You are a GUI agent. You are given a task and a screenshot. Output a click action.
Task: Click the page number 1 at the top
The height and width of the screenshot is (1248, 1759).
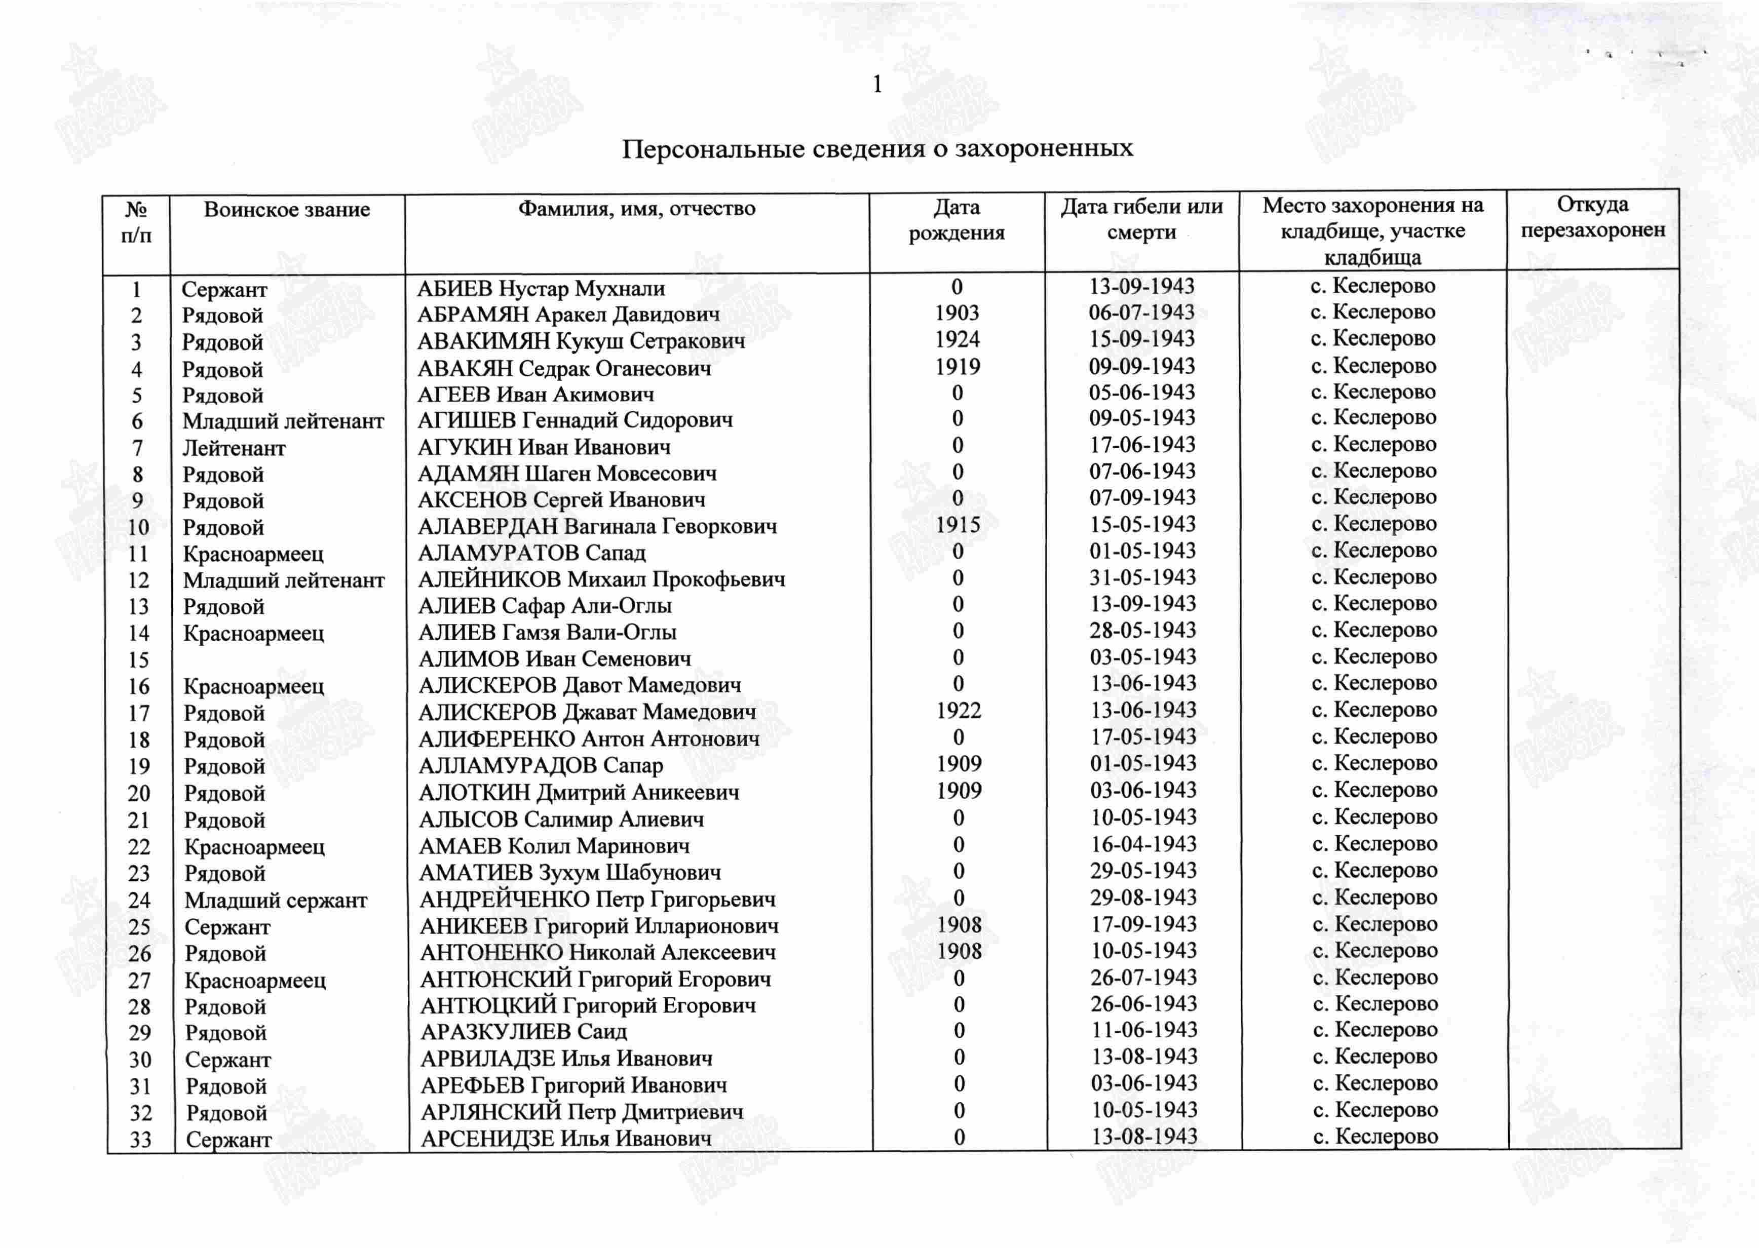point(877,85)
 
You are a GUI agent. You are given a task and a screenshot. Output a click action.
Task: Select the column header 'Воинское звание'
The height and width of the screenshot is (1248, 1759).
point(287,210)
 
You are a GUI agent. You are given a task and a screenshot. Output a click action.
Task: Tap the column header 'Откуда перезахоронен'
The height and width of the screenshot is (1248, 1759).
point(1592,217)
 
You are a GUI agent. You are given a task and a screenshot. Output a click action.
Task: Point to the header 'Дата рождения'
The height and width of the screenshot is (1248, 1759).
point(957,220)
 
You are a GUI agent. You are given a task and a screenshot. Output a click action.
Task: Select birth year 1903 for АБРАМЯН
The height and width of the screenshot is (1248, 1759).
point(957,314)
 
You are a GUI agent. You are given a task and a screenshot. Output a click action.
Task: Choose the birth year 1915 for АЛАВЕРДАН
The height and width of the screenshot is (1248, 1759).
point(958,526)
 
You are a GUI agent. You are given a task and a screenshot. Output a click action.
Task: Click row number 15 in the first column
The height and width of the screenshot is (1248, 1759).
point(138,660)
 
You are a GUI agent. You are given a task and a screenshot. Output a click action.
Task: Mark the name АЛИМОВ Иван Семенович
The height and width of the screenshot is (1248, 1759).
point(555,658)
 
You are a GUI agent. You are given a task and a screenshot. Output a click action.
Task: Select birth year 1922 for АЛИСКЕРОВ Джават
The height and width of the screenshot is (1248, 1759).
point(958,711)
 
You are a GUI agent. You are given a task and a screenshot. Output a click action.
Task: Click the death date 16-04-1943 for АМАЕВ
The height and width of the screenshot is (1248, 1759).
point(1143,844)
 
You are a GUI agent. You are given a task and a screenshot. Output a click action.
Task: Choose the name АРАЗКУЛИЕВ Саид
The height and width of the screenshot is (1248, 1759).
point(523,1031)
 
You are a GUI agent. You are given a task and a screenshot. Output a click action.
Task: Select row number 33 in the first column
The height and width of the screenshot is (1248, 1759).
point(141,1140)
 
